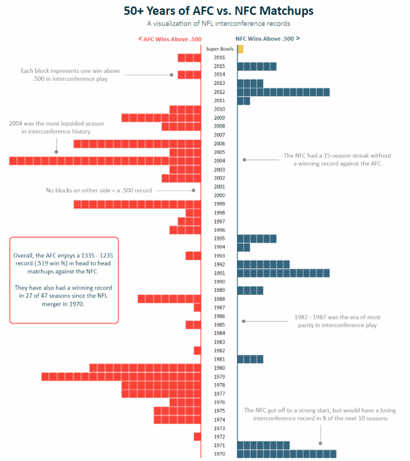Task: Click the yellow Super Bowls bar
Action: (x=240, y=49)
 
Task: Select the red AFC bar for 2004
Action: (x=105, y=161)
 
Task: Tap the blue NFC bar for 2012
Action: (x=283, y=92)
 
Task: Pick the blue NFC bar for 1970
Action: (x=287, y=454)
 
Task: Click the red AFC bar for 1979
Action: (x=121, y=376)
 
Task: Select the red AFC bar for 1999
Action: (x=137, y=204)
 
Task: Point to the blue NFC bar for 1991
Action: (x=283, y=273)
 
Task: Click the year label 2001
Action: (x=219, y=187)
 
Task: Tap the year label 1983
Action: (x=219, y=342)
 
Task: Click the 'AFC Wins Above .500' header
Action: (x=169, y=39)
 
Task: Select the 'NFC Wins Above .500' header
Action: (x=267, y=38)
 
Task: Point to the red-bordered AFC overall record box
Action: (x=64, y=280)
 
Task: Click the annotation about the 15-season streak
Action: (x=337, y=160)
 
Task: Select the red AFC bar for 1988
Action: (x=169, y=299)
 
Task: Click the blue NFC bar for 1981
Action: (x=250, y=359)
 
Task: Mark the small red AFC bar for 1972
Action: (x=197, y=436)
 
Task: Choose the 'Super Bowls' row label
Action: (x=219, y=49)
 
